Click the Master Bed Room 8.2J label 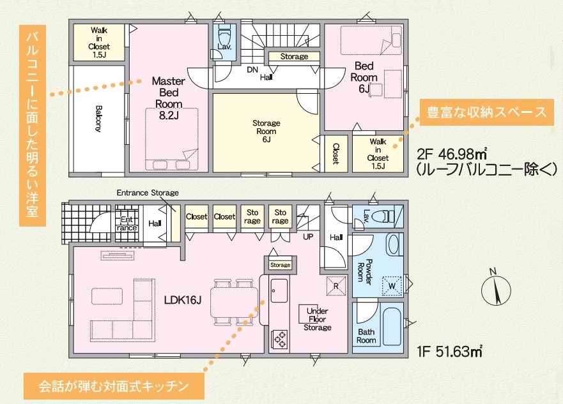coord(169,98)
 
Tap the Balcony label coord(98,119)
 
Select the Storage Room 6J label coord(266,131)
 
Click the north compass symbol coord(496,291)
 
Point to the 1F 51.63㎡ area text coord(449,351)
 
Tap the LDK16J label coord(183,301)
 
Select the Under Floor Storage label coord(318,319)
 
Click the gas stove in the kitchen coord(280,339)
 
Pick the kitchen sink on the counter coord(279,291)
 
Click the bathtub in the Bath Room coord(392,326)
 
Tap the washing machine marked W coord(392,286)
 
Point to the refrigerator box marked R coord(336,286)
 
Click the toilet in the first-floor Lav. coord(383,216)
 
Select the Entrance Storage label coord(148,193)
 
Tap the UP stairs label coord(308,237)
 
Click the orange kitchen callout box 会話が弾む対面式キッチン coord(114,386)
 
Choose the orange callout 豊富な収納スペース coord(486,112)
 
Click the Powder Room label coord(364,272)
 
